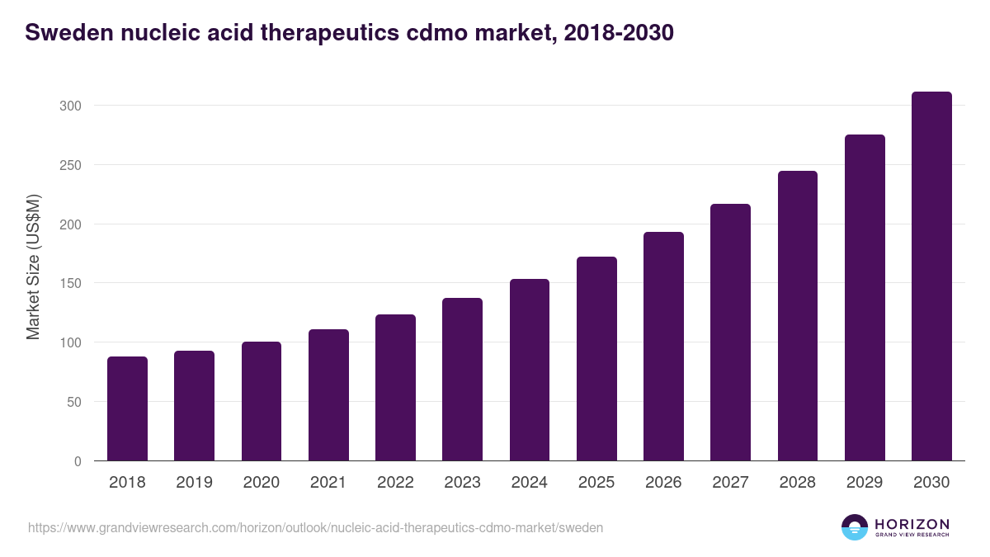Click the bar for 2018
pyautogui.click(x=127, y=408)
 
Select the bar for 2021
pyautogui.click(x=328, y=395)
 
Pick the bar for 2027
pyautogui.click(x=730, y=333)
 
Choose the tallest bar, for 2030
pyautogui.click(x=931, y=276)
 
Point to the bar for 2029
pyautogui.click(x=865, y=298)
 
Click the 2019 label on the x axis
pyautogui.click(x=194, y=483)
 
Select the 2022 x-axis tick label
pyautogui.click(x=395, y=483)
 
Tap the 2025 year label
pyautogui.click(x=596, y=483)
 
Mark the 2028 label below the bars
pyautogui.click(x=798, y=483)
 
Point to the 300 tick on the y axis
pyautogui.click(x=71, y=106)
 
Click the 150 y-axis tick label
pyautogui.click(x=71, y=283)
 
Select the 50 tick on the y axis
pyautogui.click(x=74, y=402)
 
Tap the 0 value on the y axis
pyautogui.click(x=78, y=461)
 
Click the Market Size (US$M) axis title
pyautogui.click(x=33, y=267)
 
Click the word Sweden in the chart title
pyautogui.click(x=70, y=33)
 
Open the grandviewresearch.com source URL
pyautogui.click(x=315, y=527)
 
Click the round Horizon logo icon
pyautogui.click(x=855, y=527)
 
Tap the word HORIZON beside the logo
pyautogui.click(x=912, y=524)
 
